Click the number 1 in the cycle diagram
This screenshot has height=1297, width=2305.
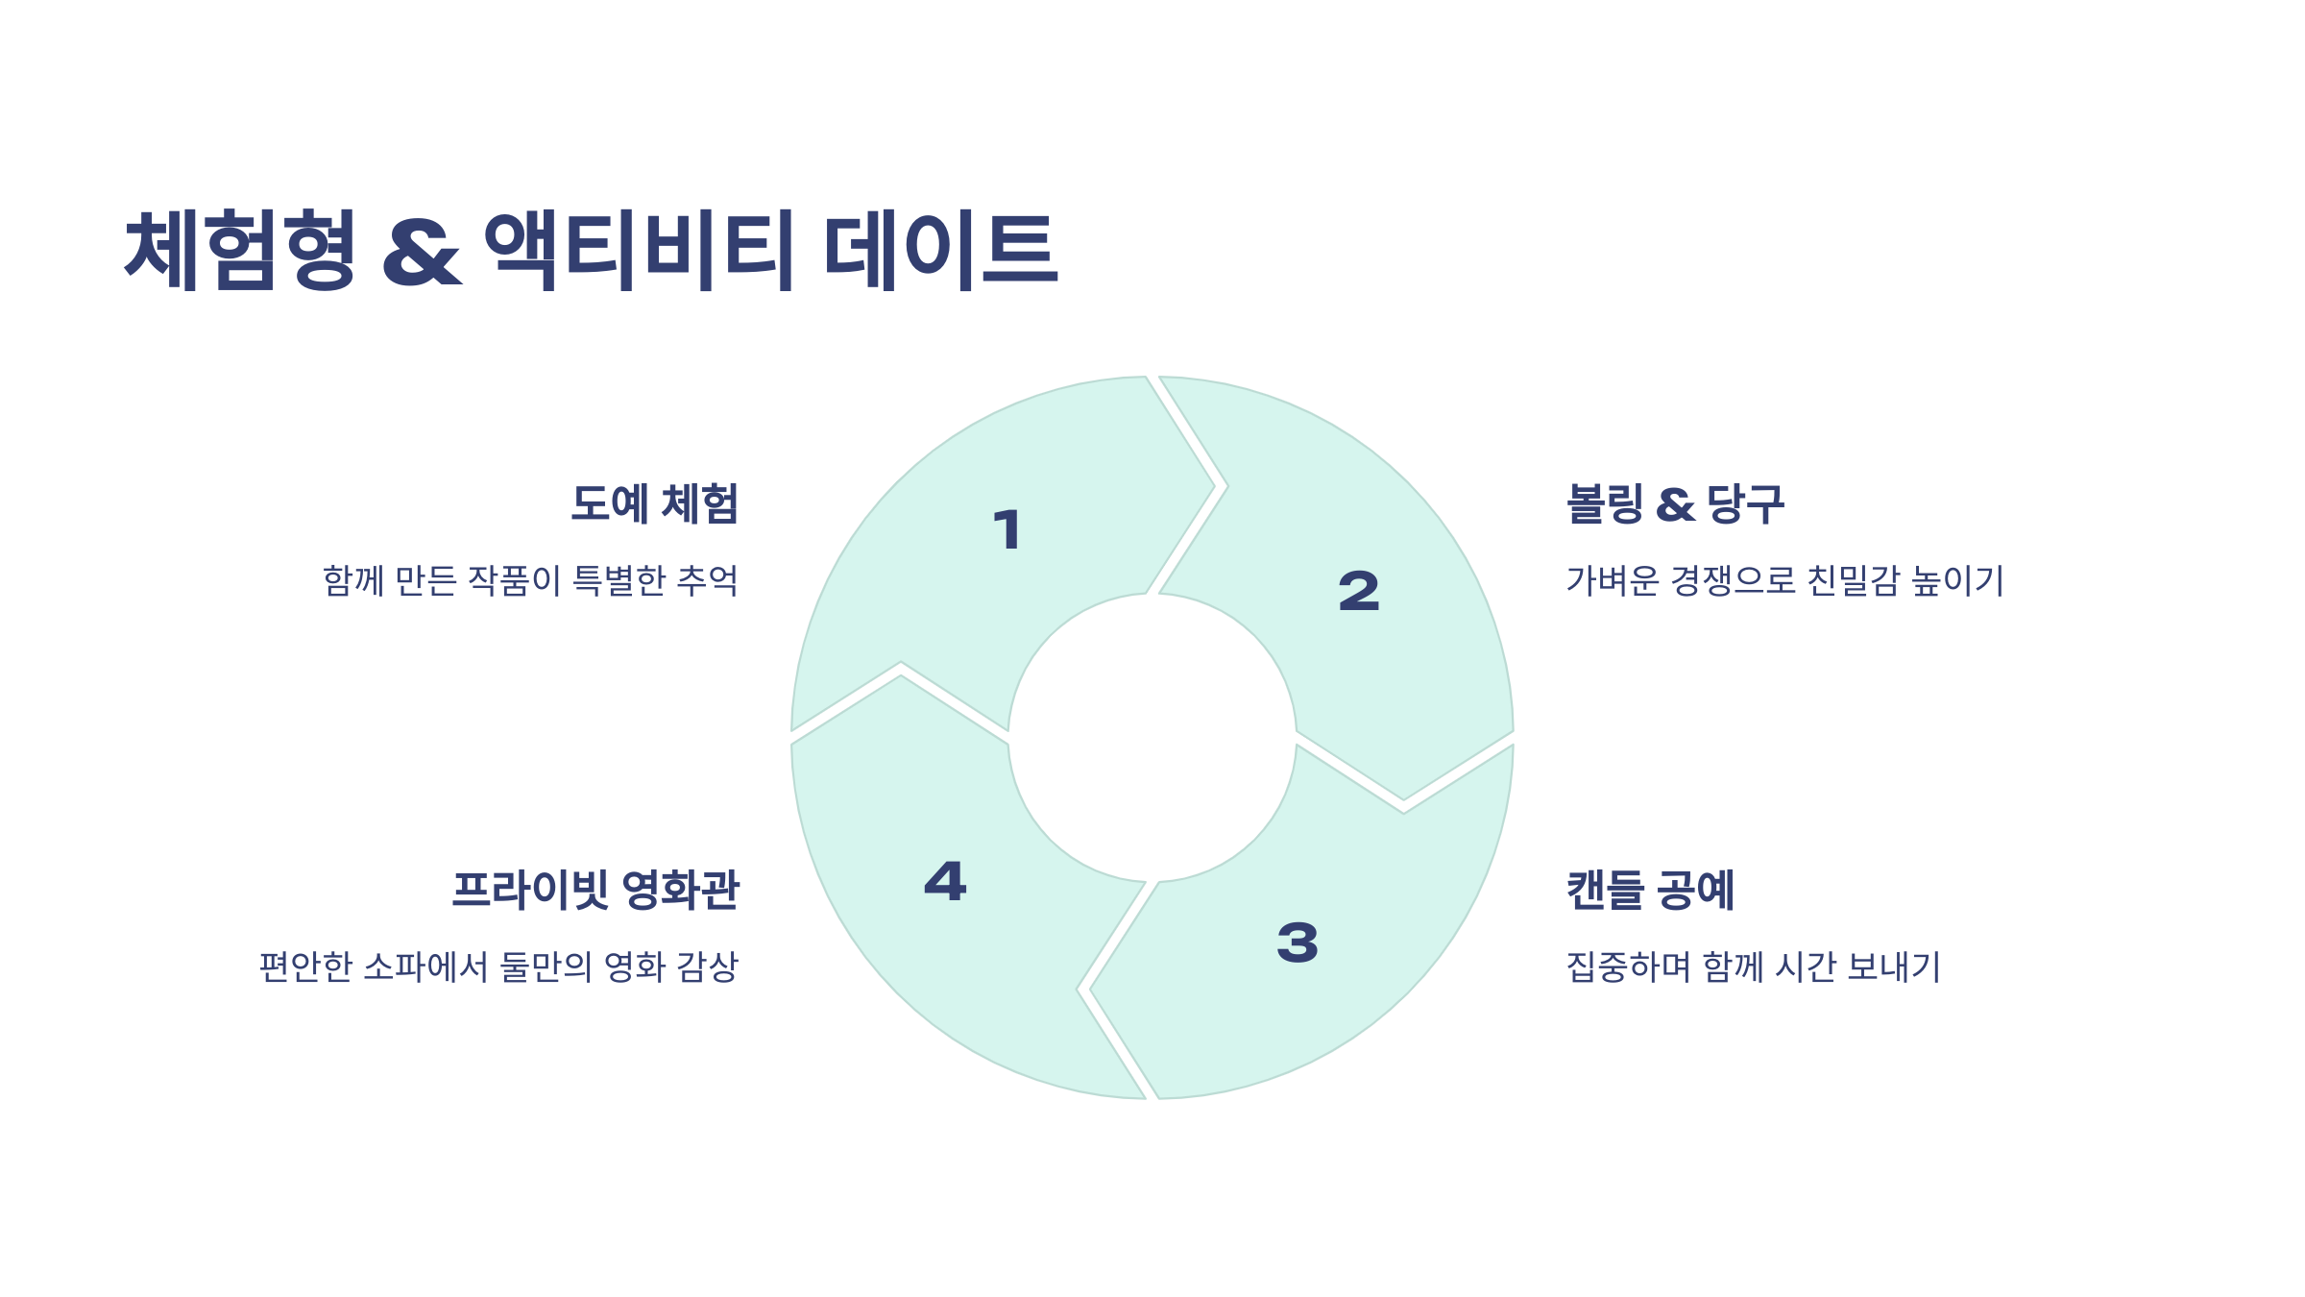point(1007,530)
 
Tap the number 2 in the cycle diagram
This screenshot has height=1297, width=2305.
point(1358,591)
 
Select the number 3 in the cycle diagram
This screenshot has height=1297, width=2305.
point(1298,942)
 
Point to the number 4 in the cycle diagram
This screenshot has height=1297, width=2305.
point(945,881)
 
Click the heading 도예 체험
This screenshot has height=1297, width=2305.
point(654,504)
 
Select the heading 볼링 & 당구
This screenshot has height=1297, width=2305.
point(1675,504)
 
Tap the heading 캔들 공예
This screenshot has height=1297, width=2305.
point(1650,890)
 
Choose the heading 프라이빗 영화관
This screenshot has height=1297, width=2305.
point(595,890)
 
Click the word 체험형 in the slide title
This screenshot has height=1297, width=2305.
point(241,250)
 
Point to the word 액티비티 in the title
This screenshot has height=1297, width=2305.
point(639,250)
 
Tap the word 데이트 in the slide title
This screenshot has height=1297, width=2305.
point(941,250)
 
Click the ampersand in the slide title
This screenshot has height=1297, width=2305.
point(422,254)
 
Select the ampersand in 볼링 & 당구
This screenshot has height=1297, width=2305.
point(1675,506)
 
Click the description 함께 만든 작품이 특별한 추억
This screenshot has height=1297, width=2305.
point(530,581)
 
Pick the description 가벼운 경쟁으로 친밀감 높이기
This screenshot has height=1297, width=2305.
point(1784,581)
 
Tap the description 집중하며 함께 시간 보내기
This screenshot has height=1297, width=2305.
point(1753,967)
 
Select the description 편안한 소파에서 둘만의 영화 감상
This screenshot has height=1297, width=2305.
point(498,967)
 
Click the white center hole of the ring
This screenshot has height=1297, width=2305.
point(1152,738)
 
